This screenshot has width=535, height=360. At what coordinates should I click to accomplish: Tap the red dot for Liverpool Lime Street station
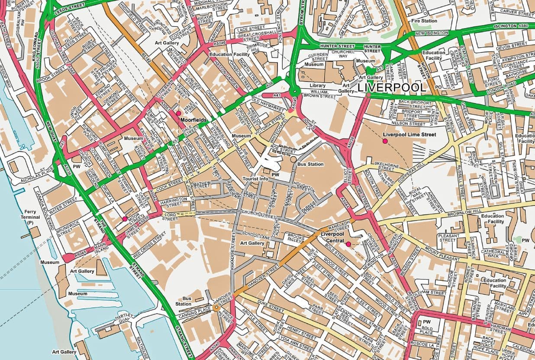[x=385, y=141]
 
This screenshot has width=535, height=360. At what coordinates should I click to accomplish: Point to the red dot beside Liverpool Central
[x=348, y=245]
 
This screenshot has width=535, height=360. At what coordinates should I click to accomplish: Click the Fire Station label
[x=424, y=21]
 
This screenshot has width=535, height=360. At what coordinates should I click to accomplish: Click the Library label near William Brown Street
[x=318, y=86]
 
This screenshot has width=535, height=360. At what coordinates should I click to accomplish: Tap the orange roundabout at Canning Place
[x=216, y=308]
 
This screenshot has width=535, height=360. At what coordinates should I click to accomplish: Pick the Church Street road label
[x=258, y=213]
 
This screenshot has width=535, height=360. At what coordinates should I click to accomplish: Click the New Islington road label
[x=432, y=33]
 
